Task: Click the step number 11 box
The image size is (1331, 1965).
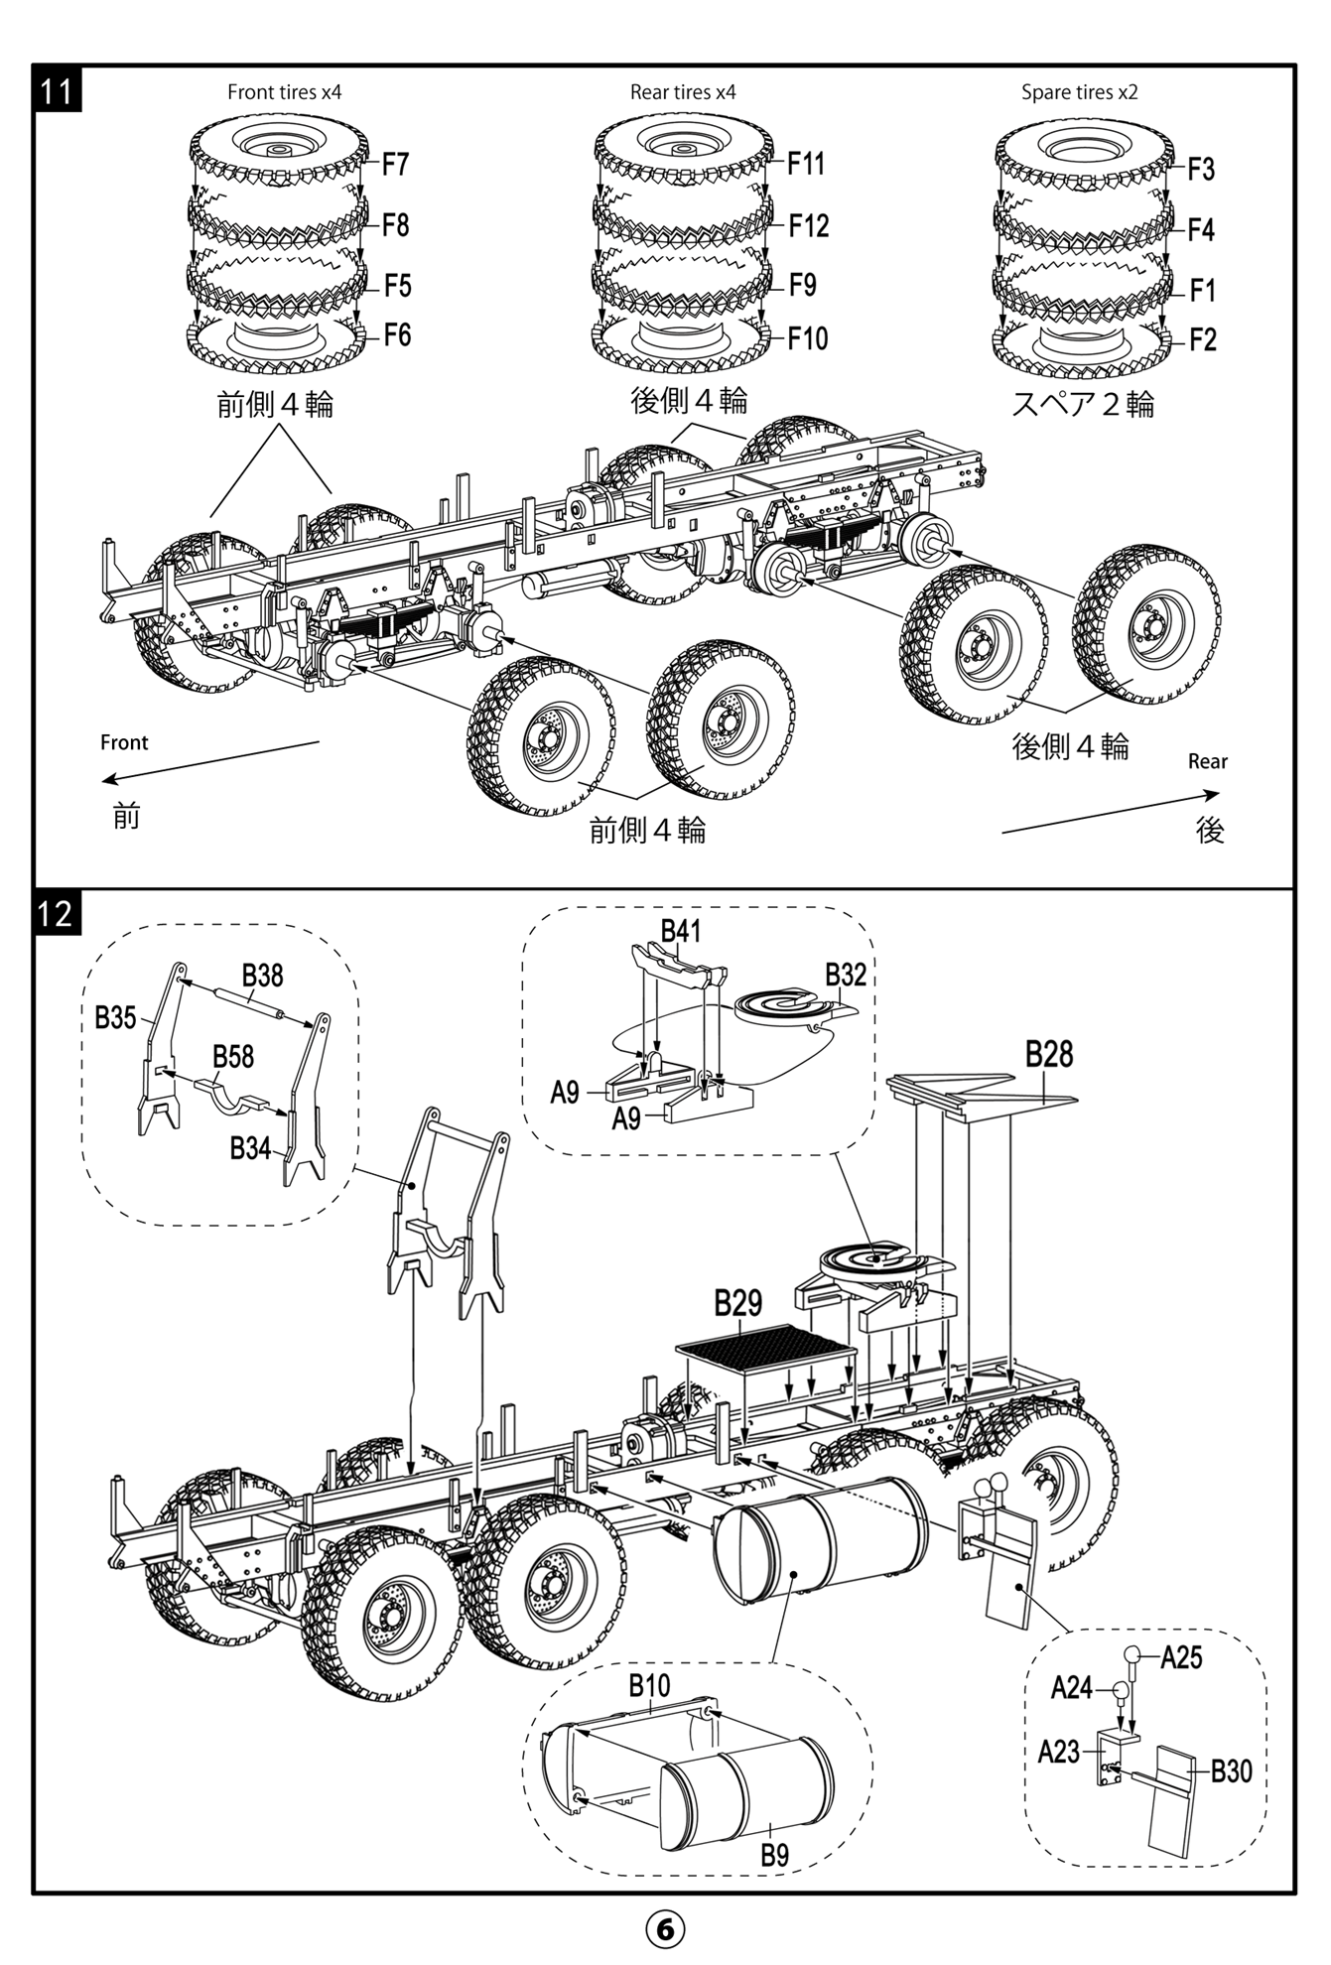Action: (57, 90)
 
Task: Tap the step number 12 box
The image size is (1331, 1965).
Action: (57, 912)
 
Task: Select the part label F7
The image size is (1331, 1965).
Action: (395, 165)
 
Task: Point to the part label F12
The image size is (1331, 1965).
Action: (808, 226)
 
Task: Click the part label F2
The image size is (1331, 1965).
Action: (1202, 340)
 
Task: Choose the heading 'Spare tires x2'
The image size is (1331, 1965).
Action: (1079, 92)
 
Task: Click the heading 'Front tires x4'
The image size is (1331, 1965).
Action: (284, 92)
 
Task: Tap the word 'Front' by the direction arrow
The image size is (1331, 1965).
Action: (124, 742)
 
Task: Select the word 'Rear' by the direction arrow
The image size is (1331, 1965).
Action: (1207, 761)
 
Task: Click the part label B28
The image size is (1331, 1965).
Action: (1048, 1053)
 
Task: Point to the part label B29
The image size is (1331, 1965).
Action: (737, 1303)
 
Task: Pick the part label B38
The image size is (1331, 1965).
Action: (262, 976)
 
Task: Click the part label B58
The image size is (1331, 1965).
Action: (233, 1056)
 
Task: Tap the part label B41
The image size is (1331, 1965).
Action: (681, 931)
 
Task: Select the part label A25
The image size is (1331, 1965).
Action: (1180, 1656)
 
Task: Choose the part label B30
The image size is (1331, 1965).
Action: (1231, 1770)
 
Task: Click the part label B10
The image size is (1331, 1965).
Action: (649, 1685)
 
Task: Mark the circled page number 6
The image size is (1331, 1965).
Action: (665, 1928)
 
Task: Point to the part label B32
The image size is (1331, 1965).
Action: (846, 975)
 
